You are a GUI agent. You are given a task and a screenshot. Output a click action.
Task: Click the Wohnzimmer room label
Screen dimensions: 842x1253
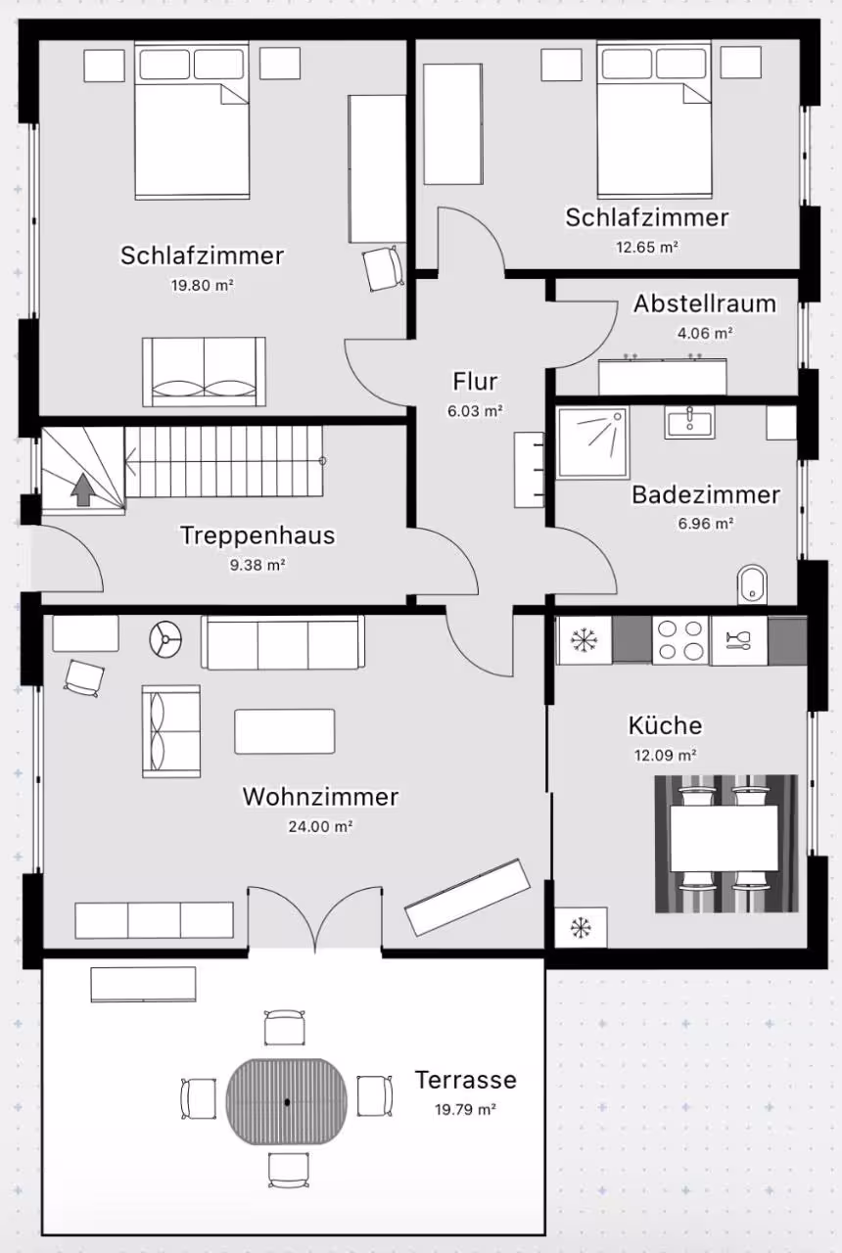320,797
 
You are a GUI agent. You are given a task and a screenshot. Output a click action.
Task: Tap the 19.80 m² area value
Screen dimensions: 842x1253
202,285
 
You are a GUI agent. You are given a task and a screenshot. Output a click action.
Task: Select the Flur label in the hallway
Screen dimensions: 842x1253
475,382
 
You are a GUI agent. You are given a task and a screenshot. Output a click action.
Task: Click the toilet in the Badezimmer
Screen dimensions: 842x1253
753,584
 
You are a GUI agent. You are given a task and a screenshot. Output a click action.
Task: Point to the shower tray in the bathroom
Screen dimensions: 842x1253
593,442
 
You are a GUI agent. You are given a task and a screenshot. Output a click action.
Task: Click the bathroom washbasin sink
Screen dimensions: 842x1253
689,421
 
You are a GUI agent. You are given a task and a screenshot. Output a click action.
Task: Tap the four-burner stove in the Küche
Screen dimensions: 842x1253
680,640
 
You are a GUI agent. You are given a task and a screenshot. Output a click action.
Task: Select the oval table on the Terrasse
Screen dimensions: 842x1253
287,1101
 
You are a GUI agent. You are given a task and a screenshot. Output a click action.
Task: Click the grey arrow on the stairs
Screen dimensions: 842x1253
83,489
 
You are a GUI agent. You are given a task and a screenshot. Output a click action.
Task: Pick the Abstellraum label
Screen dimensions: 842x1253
705,303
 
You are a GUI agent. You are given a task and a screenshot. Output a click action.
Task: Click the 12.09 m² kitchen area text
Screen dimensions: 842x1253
665,755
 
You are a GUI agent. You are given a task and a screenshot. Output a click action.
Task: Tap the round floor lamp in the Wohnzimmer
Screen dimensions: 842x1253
165,639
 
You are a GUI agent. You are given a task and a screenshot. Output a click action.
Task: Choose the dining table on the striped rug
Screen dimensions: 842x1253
724,839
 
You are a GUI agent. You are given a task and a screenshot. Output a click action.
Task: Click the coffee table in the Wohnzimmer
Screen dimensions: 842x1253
285,731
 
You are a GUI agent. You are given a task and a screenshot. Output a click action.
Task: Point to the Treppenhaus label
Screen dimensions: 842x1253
257,535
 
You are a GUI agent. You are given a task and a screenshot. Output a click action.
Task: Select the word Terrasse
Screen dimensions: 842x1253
465,1080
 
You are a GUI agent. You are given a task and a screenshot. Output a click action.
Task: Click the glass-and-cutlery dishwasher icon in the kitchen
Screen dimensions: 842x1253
738,640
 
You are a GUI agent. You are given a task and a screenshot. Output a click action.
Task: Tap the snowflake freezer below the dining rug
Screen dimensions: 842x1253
581,927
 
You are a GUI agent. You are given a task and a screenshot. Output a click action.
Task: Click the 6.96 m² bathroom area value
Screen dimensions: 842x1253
706,524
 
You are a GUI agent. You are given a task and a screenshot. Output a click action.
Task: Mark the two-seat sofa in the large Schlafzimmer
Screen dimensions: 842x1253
204,371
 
